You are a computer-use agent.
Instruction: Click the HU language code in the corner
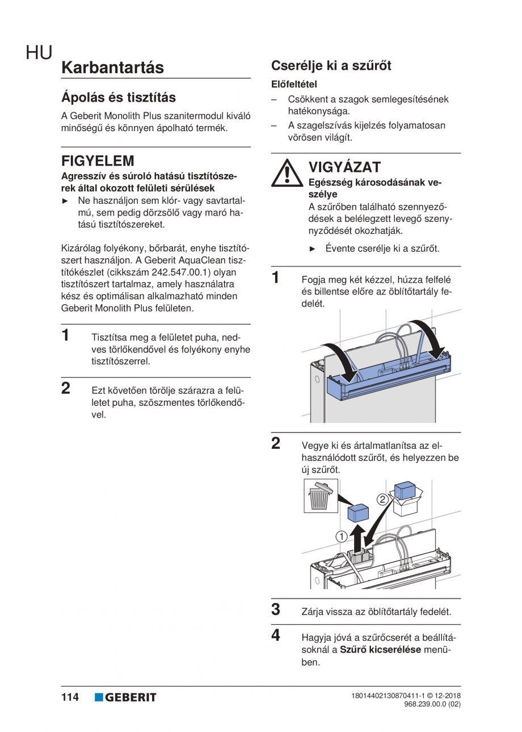tap(39, 53)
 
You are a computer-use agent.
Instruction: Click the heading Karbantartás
tap(112, 68)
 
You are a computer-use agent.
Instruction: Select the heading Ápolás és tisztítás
tap(118, 97)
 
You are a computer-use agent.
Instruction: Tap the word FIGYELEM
tap(98, 161)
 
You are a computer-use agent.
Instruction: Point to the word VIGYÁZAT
tap(344, 167)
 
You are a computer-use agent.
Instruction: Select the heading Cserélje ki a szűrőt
tap(331, 65)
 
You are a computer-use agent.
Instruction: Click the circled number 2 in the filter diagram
tap(382, 499)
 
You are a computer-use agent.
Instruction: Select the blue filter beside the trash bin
tap(357, 512)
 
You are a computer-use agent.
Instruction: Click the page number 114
tap(70, 697)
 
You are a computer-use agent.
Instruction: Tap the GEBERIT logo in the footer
tap(125, 697)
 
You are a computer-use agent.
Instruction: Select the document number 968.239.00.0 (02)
tap(432, 704)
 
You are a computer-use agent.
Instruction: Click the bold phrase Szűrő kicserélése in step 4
tap(380, 650)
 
